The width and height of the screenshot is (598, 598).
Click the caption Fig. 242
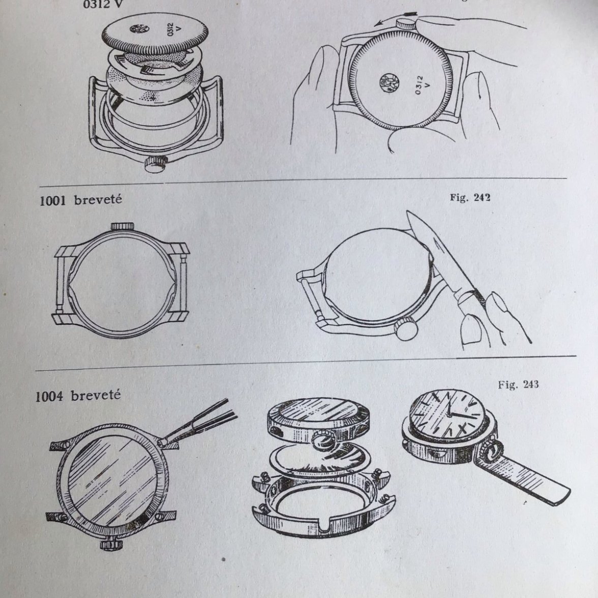(x=469, y=198)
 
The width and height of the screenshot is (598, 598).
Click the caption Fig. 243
(x=518, y=384)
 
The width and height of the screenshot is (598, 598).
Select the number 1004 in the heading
(x=49, y=396)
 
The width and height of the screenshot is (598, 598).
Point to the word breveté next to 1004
(x=96, y=395)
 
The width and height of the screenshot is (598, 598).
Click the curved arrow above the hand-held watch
(x=386, y=22)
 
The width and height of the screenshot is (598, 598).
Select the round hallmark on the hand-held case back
(x=390, y=82)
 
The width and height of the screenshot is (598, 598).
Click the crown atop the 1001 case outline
(x=122, y=226)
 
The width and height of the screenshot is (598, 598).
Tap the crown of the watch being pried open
(x=407, y=328)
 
